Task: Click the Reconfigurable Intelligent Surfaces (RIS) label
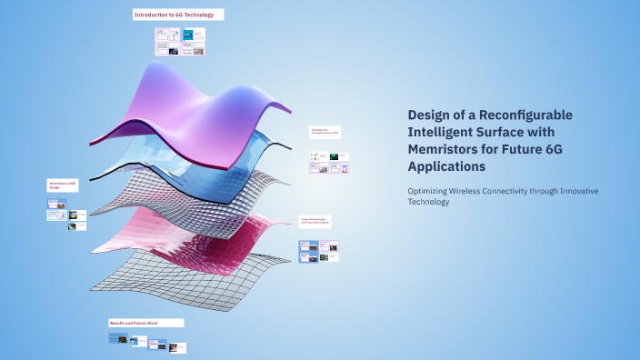pos(325,132)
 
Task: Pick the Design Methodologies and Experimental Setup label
pos(315,221)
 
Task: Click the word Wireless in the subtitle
pos(484,190)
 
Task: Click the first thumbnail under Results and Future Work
pos(116,339)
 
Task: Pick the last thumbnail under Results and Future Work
pos(178,346)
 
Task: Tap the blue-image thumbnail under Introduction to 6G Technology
pos(188,35)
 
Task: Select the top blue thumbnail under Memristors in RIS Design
pos(56,205)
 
